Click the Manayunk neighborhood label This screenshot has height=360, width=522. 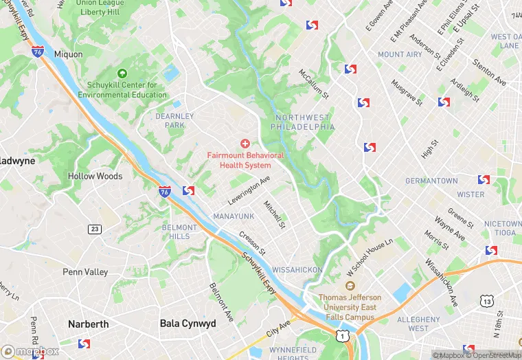pos(234,216)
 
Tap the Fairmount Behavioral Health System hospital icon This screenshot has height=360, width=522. pos(245,143)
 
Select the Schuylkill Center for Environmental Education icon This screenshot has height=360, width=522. pos(122,74)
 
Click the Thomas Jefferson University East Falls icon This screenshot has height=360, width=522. pos(351,286)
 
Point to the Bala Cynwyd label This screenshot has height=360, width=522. pos(188,324)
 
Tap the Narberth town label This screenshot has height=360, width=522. pos(88,324)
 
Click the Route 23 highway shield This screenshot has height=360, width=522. pos(94,228)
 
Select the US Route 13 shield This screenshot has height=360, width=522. pos(486,301)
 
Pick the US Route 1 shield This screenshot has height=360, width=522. pos(341,335)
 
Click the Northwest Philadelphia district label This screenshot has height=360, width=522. pos(302,122)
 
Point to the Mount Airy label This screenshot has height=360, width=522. pos(400,54)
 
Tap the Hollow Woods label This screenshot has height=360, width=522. pos(95,176)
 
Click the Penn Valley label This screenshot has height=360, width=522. pos(85,272)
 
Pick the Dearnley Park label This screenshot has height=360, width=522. pos(170,121)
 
